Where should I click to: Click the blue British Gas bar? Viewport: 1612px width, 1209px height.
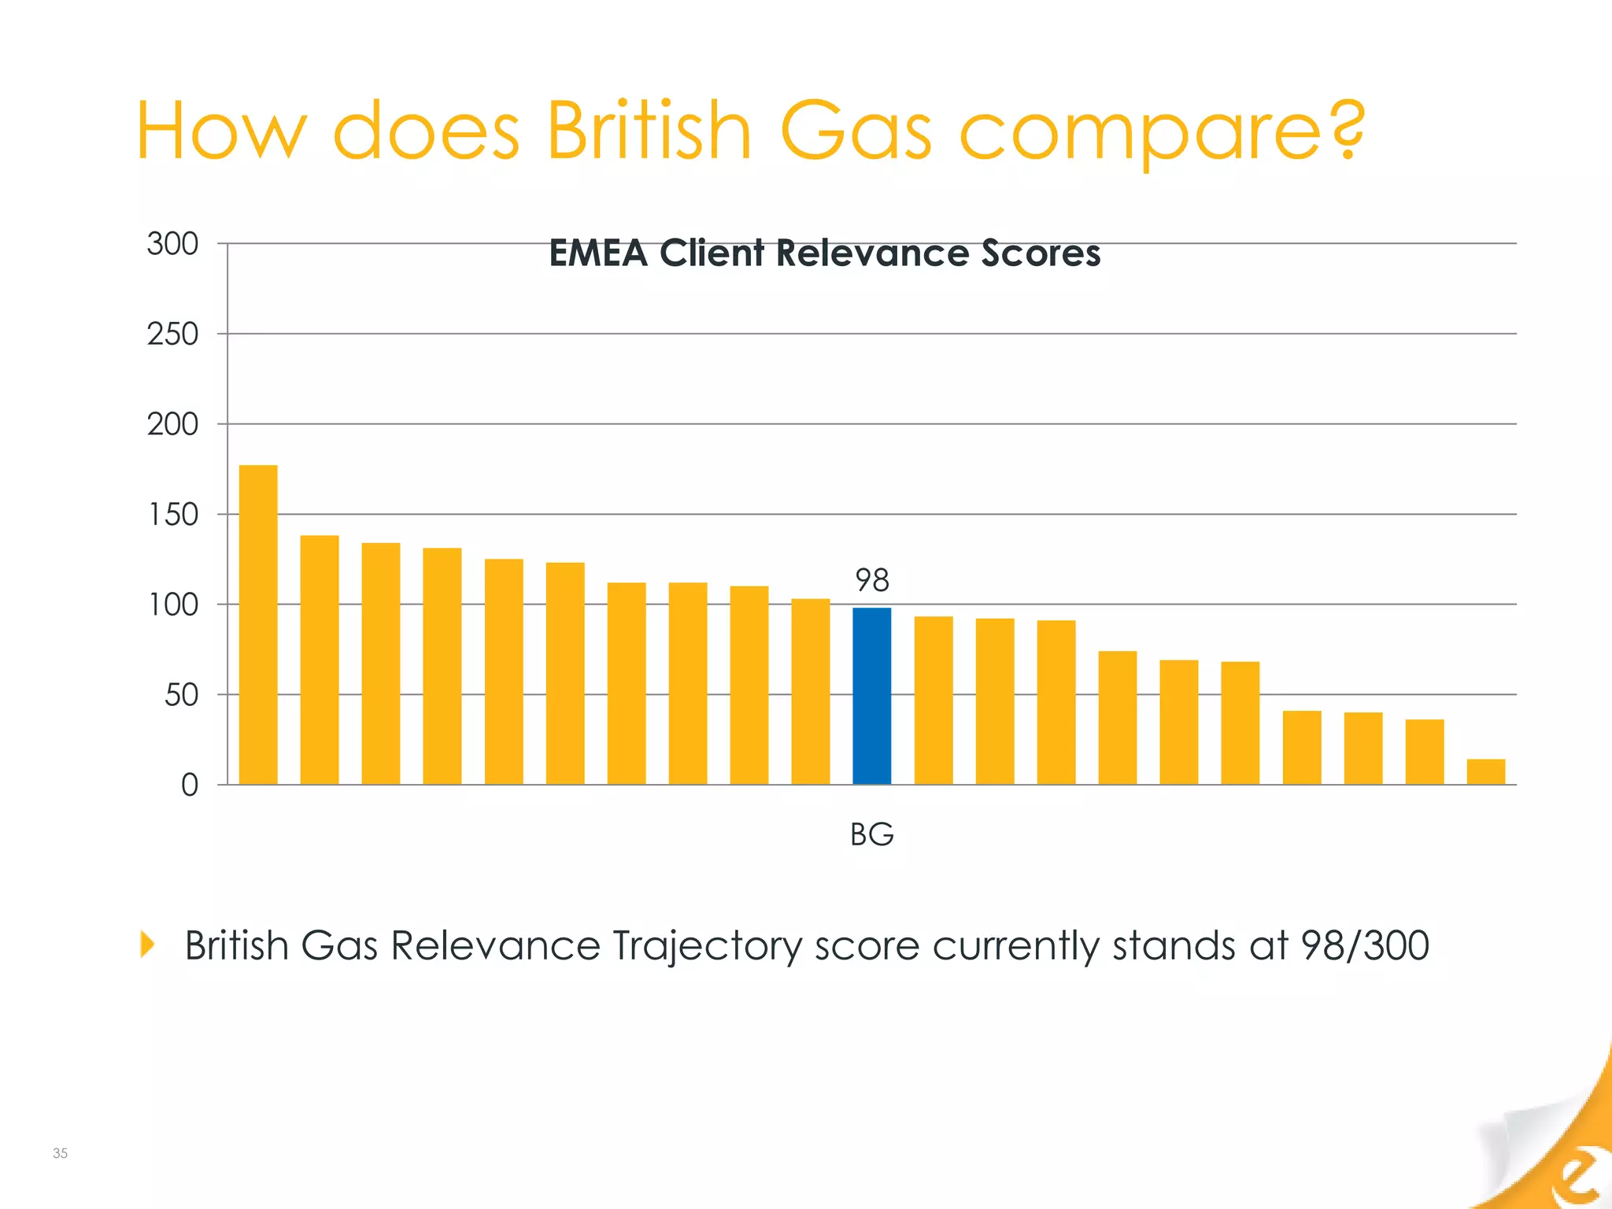click(872, 696)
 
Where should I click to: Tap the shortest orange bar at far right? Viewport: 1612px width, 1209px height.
click(1485, 771)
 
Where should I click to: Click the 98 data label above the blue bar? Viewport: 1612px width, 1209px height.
click(872, 581)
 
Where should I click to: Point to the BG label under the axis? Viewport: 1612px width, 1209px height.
click(872, 834)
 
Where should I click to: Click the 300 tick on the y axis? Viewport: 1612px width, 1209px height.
click(172, 244)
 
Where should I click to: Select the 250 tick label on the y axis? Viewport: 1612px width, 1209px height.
click(172, 335)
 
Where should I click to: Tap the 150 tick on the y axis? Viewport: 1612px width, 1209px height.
click(173, 515)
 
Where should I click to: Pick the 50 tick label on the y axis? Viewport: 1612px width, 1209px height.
click(181, 695)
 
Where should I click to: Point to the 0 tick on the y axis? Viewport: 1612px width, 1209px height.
click(190, 786)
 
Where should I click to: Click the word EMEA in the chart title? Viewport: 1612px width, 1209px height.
click(597, 253)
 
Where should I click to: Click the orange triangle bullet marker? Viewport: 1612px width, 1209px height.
click(147, 944)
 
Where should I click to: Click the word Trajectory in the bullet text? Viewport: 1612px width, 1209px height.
click(708, 947)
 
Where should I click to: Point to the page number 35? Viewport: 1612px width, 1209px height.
click(60, 1153)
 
